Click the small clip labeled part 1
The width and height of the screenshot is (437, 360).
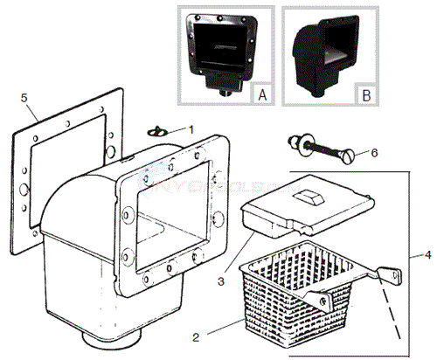(155, 131)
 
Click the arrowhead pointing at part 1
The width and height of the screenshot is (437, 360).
(165, 131)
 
